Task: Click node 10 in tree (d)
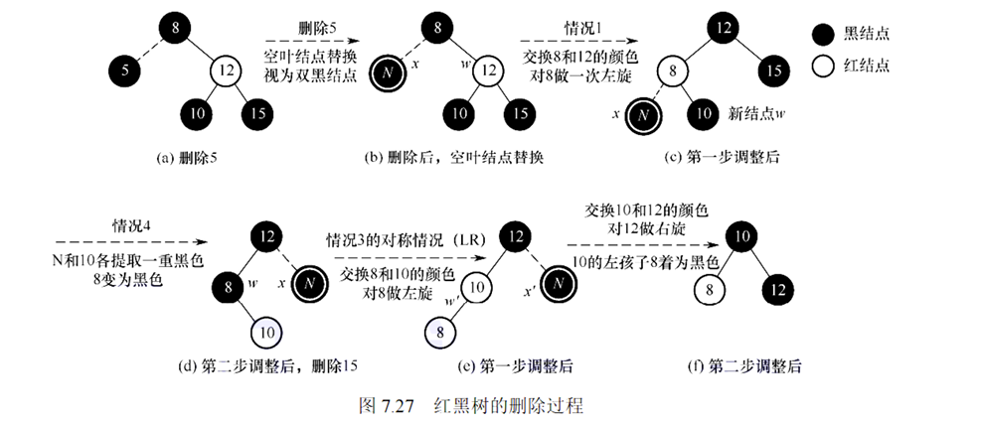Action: [267, 328]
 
